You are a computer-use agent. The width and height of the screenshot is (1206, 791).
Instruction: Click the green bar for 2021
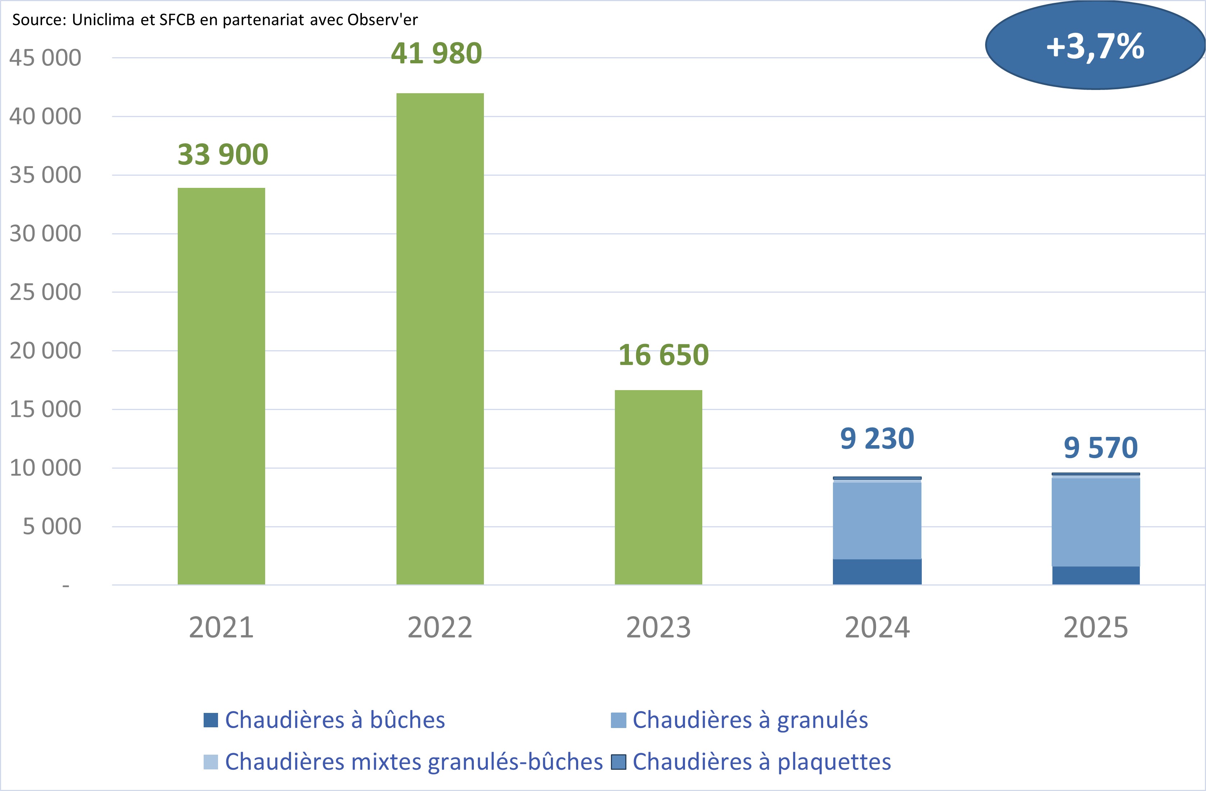(x=221, y=386)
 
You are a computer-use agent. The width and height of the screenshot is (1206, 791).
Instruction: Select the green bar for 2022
(x=440, y=339)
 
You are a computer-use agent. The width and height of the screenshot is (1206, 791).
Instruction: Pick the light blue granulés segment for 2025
(x=1096, y=522)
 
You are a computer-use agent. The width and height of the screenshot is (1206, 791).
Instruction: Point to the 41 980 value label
(x=436, y=53)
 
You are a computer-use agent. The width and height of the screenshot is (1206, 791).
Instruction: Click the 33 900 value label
(x=222, y=154)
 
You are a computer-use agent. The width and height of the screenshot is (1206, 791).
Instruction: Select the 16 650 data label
(x=663, y=355)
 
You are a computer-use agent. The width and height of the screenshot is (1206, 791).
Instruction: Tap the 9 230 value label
(x=877, y=439)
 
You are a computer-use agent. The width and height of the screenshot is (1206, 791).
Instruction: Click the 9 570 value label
(x=1101, y=448)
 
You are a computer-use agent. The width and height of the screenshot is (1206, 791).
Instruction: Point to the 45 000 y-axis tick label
(x=45, y=58)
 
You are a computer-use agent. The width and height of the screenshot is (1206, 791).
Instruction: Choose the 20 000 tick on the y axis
(x=45, y=351)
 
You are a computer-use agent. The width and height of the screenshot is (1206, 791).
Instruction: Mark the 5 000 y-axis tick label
(x=52, y=526)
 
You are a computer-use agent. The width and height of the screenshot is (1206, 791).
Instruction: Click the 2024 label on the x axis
(x=877, y=627)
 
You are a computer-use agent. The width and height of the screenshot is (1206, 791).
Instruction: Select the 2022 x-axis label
(x=440, y=627)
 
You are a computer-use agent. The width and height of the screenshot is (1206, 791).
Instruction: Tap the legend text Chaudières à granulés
(x=750, y=720)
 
